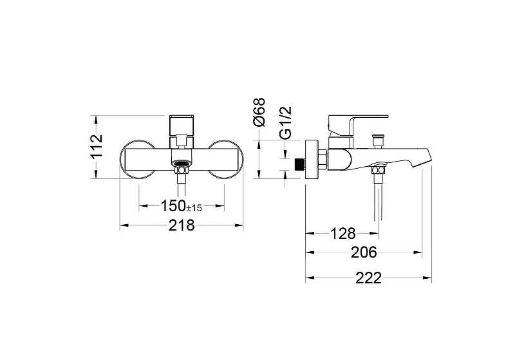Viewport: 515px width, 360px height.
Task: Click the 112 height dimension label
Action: (97, 146)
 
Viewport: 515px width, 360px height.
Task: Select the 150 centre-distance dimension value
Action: (173, 206)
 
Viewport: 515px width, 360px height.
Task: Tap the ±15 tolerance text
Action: (194, 208)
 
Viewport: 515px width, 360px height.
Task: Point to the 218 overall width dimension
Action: (182, 225)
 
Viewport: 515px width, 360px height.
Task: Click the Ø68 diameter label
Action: (259, 112)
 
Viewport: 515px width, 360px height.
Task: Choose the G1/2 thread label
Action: (285, 122)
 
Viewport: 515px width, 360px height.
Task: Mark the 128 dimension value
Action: (342, 234)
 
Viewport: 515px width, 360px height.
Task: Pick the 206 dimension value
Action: (364, 252)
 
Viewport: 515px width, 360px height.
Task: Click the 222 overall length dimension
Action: (368, 278)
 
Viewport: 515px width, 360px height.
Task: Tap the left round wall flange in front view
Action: (122, 160)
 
